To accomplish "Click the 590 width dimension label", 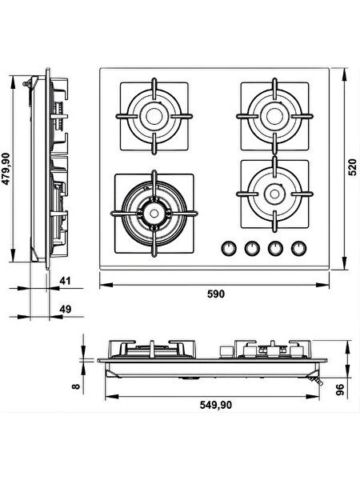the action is coord(216,294).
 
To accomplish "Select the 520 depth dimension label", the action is coord(353,167).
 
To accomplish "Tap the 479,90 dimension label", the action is coord(6,169).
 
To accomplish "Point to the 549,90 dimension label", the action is coord(216,405).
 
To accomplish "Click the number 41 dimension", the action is coord(65,281).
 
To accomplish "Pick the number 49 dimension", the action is coord(65,309).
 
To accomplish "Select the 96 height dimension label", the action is coord(340,390).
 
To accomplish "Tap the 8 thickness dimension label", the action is coord(76,386).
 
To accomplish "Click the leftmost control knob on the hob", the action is coord(228,248).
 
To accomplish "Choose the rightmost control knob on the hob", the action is coord(298,248).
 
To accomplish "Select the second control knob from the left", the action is coord(252,248).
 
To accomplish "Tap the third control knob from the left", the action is coord(275,248).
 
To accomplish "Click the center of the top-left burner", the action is coord(154,116).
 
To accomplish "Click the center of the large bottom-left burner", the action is coord(154,214).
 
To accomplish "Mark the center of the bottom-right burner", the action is coord(274,194).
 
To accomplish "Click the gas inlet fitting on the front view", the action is coord(316,381).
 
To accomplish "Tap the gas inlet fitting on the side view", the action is coord(27,82).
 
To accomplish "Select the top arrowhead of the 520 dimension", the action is coord(345,74).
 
